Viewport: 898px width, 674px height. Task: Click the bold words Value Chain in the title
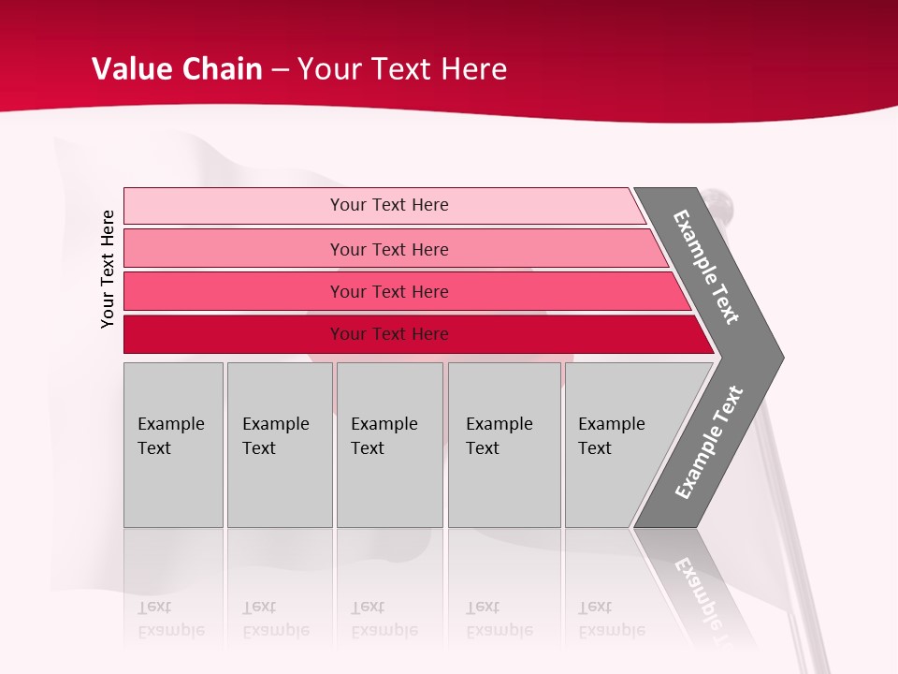[x=177, y=68]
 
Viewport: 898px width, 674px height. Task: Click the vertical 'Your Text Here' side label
[x=108, y=269]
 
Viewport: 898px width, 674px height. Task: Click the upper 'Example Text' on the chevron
[x=706, y=267]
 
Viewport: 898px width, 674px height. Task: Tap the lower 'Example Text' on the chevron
[x=709, y=443]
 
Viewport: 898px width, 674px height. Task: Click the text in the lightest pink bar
[x=389, y=205]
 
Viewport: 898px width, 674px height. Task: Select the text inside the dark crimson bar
[x=389, y=334]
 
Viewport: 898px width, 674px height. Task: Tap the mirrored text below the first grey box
[x=170, y=619]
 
